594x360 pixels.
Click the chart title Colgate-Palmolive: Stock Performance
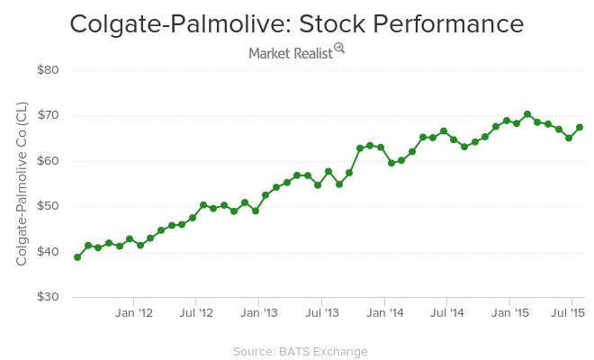(x=297, y=23)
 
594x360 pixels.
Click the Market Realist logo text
(x=290, y=53)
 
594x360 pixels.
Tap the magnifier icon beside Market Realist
(x=339, y=49)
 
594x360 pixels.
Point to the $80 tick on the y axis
(x=48, y=70)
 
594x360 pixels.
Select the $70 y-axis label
(x=48, y=115)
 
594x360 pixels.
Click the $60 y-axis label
(x=48, y=161)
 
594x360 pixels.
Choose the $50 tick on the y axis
(x=48, y=206)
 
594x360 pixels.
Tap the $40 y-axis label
(x=48, y=252)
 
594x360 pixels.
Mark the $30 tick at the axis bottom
(x=48, y=297)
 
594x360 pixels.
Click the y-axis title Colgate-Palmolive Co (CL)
(x=22, y=184)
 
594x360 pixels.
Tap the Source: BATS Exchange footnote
(x=300, y=351)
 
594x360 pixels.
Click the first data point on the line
(x=77, y=257)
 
